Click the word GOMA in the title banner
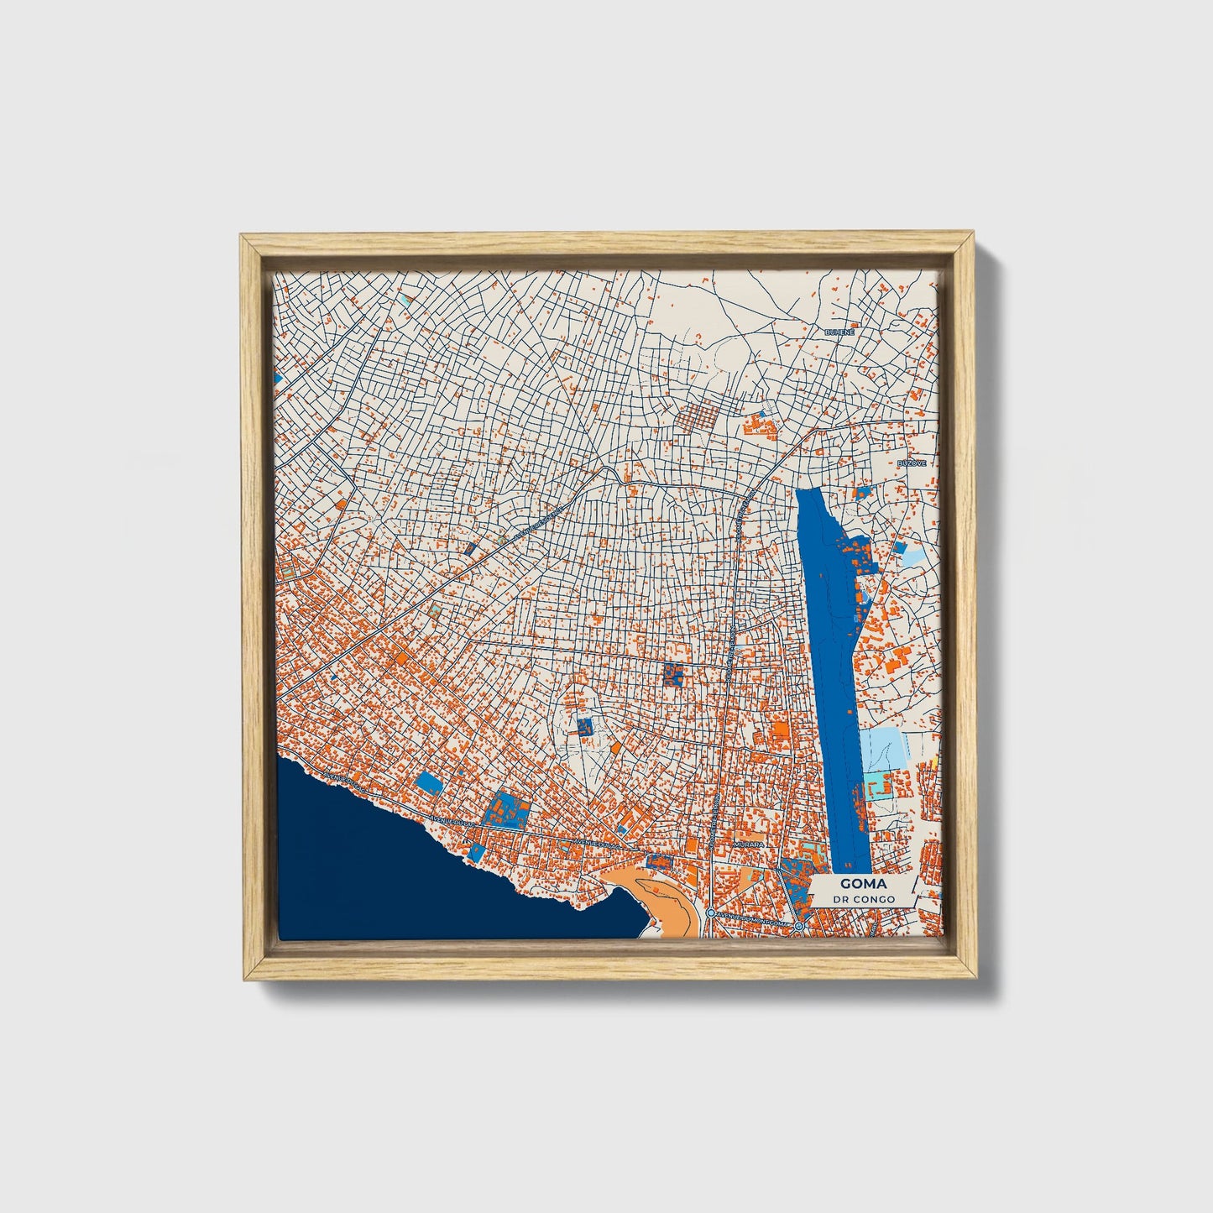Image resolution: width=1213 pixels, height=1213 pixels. click(x=862, y=885)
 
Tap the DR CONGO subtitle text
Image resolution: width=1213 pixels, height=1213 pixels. click(x=864, y=899)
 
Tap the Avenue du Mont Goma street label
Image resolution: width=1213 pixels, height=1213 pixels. click(x=753, y=921)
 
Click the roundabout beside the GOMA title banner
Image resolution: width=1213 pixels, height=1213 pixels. click(x=799, y=926)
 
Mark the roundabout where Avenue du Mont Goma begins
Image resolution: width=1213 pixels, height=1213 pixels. click(x=710, y=912)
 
